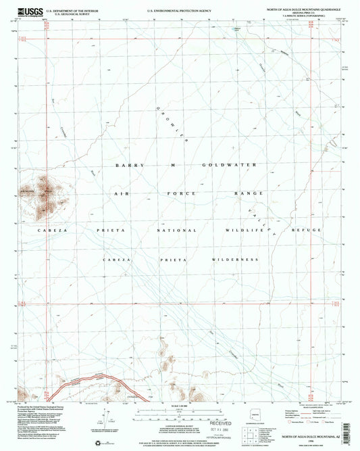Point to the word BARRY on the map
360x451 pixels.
(x=126, y=166)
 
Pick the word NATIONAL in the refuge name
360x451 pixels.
(x=182, y=231)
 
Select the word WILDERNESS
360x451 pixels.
(x=229, y=260)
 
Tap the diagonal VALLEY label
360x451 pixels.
(x=262, y=219)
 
